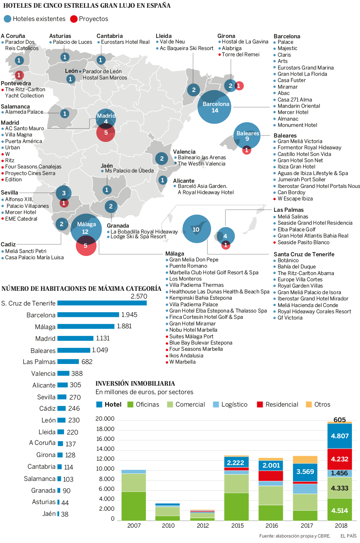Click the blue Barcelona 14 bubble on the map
tap(215, 107)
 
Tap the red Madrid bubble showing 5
tap(106, 132)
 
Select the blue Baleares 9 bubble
tap(247, 136)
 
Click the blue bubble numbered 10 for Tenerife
tap(197, 229)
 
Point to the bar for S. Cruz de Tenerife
tap(102, 303)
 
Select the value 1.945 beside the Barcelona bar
tap(129, 315)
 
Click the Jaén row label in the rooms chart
tap(49, 514)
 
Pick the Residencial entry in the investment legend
tap(281, 404)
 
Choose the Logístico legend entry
tap(234, 404)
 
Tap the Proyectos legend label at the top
tap(93, 19)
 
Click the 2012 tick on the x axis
tap(203, 526)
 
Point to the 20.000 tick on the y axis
tap(105, 419)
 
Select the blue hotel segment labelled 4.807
tap(339, 436)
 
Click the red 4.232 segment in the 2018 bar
tap(339, 459)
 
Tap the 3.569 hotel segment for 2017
tap(305, 472)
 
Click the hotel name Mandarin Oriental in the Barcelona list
tap(299, 106)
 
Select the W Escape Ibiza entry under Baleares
tap(295, 199)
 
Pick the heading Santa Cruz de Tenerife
tap(304, 254)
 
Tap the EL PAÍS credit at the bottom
tap(348, 536)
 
